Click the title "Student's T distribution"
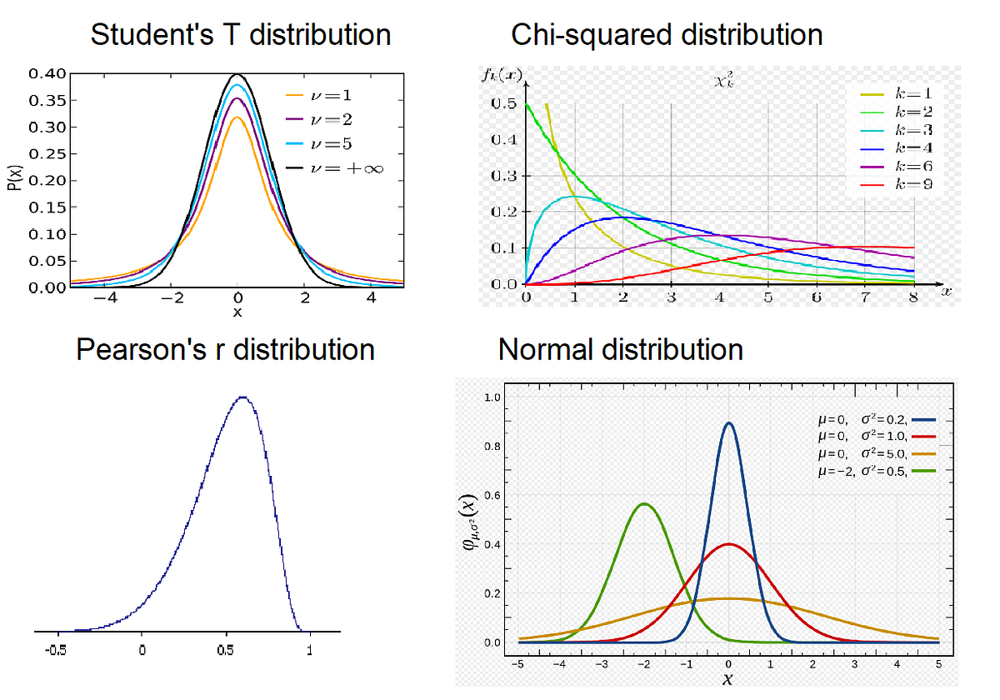[x=240, y=35]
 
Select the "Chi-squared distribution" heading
[x=667, y=35]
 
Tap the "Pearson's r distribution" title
[x=225, y=349]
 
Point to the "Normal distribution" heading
[x=621, y=349]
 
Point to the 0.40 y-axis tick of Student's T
[x=47, y=74]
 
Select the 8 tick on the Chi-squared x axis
[x=914, y=297]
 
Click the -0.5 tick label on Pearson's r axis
[x=56, y=650]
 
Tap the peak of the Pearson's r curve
[x=242, y=397]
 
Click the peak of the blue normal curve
[x=729, y=422]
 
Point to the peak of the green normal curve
[x=643, y=503]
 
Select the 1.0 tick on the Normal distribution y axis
[x=492, y=398]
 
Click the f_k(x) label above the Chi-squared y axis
[x=501, y=76]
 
